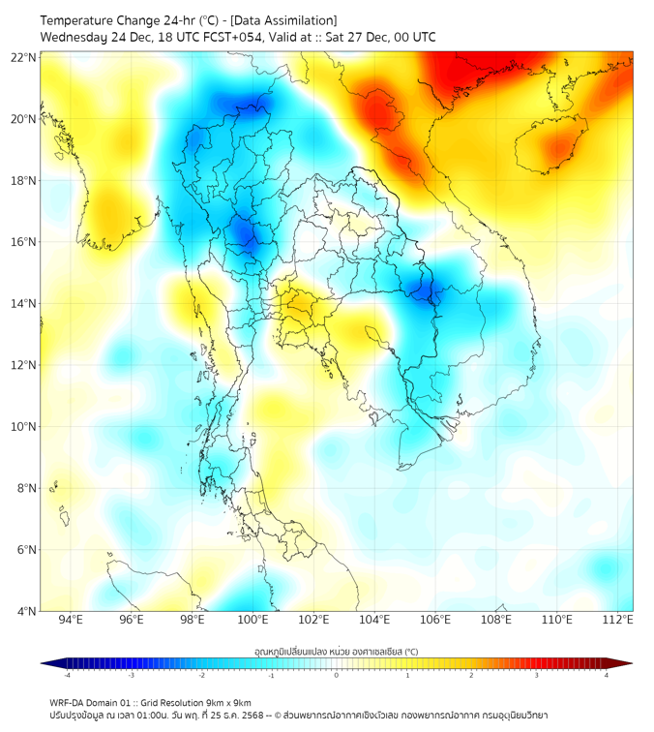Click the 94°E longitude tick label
click(71, 620)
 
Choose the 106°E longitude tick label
click(435, 620)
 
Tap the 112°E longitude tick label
click(617, 620)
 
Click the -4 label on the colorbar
click(66, 676)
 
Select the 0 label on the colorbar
click(337, 676)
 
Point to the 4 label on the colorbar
click(607, 676)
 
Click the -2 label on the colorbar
click(201, 676)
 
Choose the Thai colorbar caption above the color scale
click(336, 651)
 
